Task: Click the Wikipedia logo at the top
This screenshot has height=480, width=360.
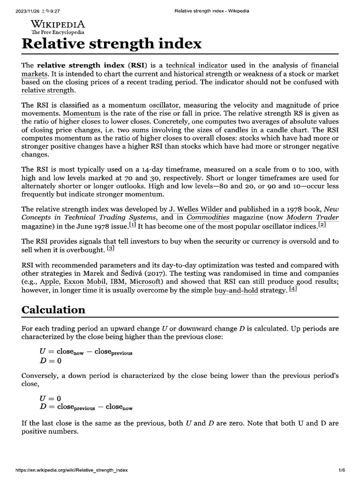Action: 58,27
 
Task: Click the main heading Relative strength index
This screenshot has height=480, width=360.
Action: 112,44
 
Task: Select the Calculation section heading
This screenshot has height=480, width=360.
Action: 53,310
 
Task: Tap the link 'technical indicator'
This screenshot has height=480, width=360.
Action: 196,66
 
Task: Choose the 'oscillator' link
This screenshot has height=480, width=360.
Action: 164,105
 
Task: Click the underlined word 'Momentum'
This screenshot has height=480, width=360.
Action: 82,113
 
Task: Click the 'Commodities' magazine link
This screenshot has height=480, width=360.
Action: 208,217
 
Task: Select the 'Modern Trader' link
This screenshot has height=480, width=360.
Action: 313,217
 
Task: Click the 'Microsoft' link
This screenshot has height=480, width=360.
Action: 146,282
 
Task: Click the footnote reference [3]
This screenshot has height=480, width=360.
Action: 111,248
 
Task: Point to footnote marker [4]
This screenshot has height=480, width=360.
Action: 293,289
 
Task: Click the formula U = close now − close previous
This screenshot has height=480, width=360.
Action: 86,352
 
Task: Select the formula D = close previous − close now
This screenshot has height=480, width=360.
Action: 86,407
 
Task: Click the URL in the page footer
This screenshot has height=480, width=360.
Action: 72,470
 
